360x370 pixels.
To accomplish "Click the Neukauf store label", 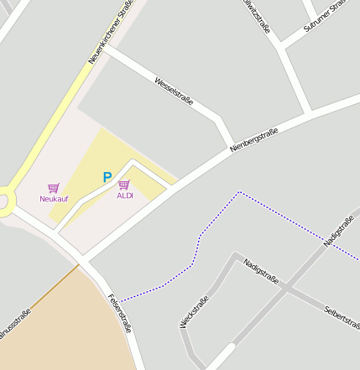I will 54,199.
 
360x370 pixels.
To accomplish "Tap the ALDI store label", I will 125,195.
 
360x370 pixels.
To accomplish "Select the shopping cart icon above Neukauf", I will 54,188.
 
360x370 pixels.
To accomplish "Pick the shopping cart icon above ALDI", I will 124,185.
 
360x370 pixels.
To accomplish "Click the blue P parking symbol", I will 107,177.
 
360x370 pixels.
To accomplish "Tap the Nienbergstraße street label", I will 253,140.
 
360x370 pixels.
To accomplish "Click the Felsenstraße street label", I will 120,313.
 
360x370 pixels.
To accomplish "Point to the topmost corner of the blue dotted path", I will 239,192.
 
